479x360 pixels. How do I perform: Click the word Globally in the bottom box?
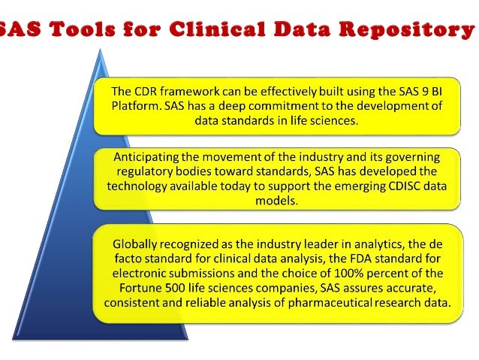(x=137, y=244)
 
